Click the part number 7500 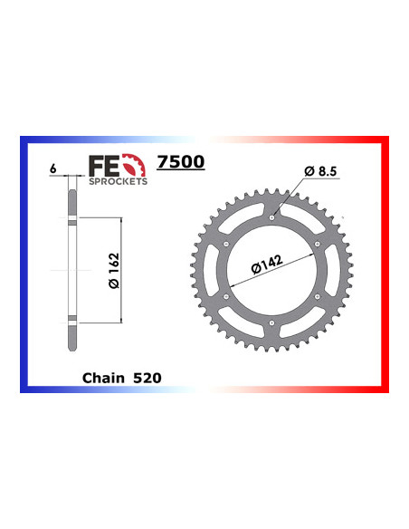click(x=181, y=163)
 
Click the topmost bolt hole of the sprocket click(x=272, y=217)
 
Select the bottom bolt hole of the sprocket click(x=272, y=322)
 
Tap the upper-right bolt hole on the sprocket click(x=318, y=244)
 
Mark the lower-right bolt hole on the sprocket click(x=318, y=296)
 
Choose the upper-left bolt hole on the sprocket click(x=227, y=244)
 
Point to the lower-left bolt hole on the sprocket click(x=227, y=296)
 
